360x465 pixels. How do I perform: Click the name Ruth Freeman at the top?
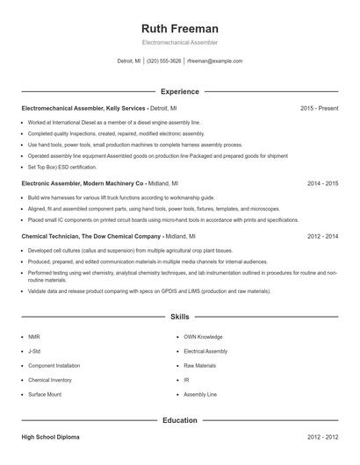pyautogui.click(x=179, y=28)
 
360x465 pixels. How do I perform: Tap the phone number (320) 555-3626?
pyautogui.click(x=163, y=61)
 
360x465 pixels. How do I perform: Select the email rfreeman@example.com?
pyautogui.click(x=215, y=61)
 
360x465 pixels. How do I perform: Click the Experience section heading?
pyautogui.click(x=179, y=91)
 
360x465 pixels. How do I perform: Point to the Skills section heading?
pyautogui.click(x=179, y=316)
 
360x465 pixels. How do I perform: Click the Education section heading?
pyautogui.click(x=179, y=420)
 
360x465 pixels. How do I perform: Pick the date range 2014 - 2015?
pyautogui.click(x=322, y=183)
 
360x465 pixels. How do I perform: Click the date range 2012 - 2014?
pyautogui.click(x=322, y=236)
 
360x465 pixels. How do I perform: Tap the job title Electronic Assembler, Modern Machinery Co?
pyautogui.click(x=82, y=183)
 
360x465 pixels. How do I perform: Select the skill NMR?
pyautogui.click(x=34, y=336)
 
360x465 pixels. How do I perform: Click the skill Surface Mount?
pyautogui.click(x=46, y=395)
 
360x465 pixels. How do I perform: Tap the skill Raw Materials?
pyautogui.click(x=199, y=365)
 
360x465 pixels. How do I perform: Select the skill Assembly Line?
pyautogui.click(x=199, y=395)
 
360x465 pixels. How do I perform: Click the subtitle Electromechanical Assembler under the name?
pyautogui.click(x=179, y=42)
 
